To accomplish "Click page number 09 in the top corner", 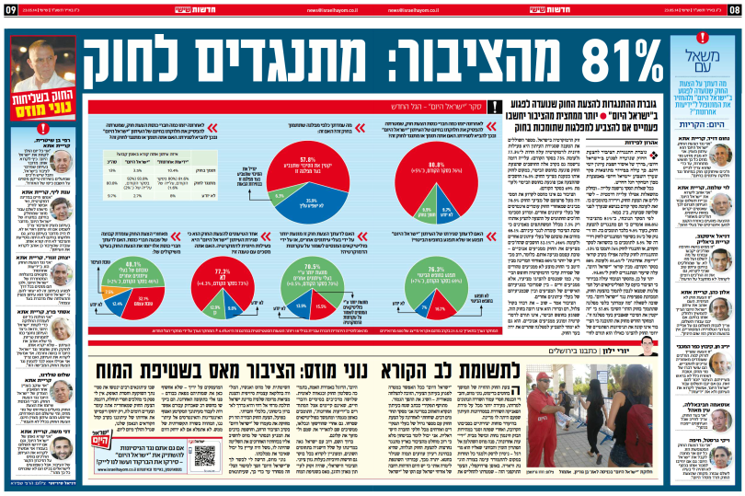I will [x=9, y=8].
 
